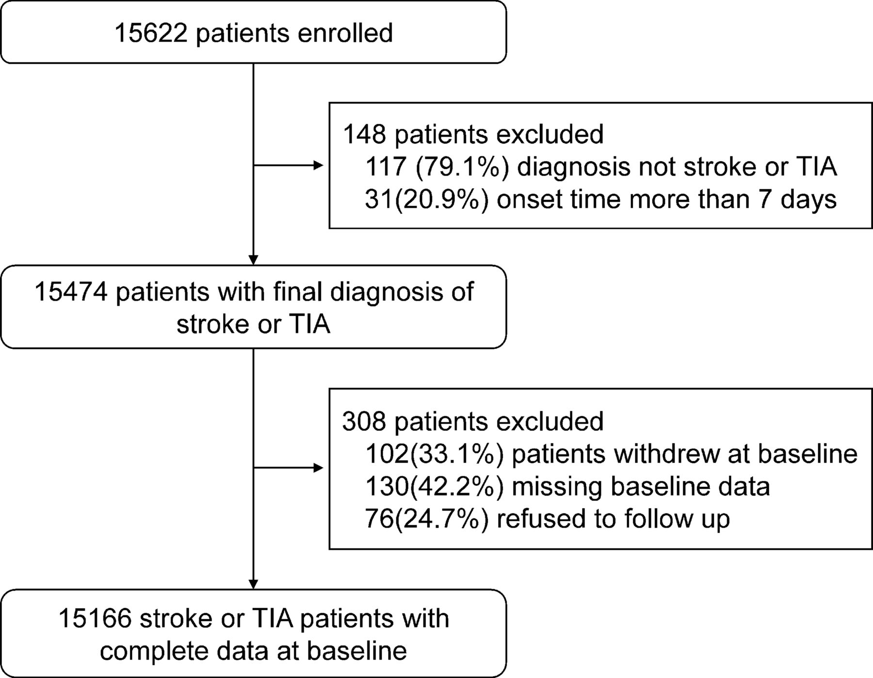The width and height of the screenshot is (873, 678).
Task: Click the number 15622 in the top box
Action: click(x=151, y=33)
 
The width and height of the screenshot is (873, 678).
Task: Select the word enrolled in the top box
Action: click(x=345, y=33)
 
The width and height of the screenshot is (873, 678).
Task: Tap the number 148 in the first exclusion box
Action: click(x=364, y=134)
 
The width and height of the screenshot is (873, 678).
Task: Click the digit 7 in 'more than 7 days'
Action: click(x=765, y=199)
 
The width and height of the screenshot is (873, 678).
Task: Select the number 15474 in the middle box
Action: click(x=71, y=293)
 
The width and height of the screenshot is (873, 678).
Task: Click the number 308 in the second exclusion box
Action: click(x=364, y=421)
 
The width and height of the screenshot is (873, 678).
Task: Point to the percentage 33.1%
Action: click(x=456, y=454)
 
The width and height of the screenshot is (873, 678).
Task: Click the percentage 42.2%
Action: click(x=456, y=487)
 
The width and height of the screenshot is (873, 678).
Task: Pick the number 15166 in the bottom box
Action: click(x=95, y=619)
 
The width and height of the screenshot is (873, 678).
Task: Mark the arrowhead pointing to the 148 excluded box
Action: click(x=318, y=165)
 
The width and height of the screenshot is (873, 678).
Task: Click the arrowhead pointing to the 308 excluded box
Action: click(x=318, y=468)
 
